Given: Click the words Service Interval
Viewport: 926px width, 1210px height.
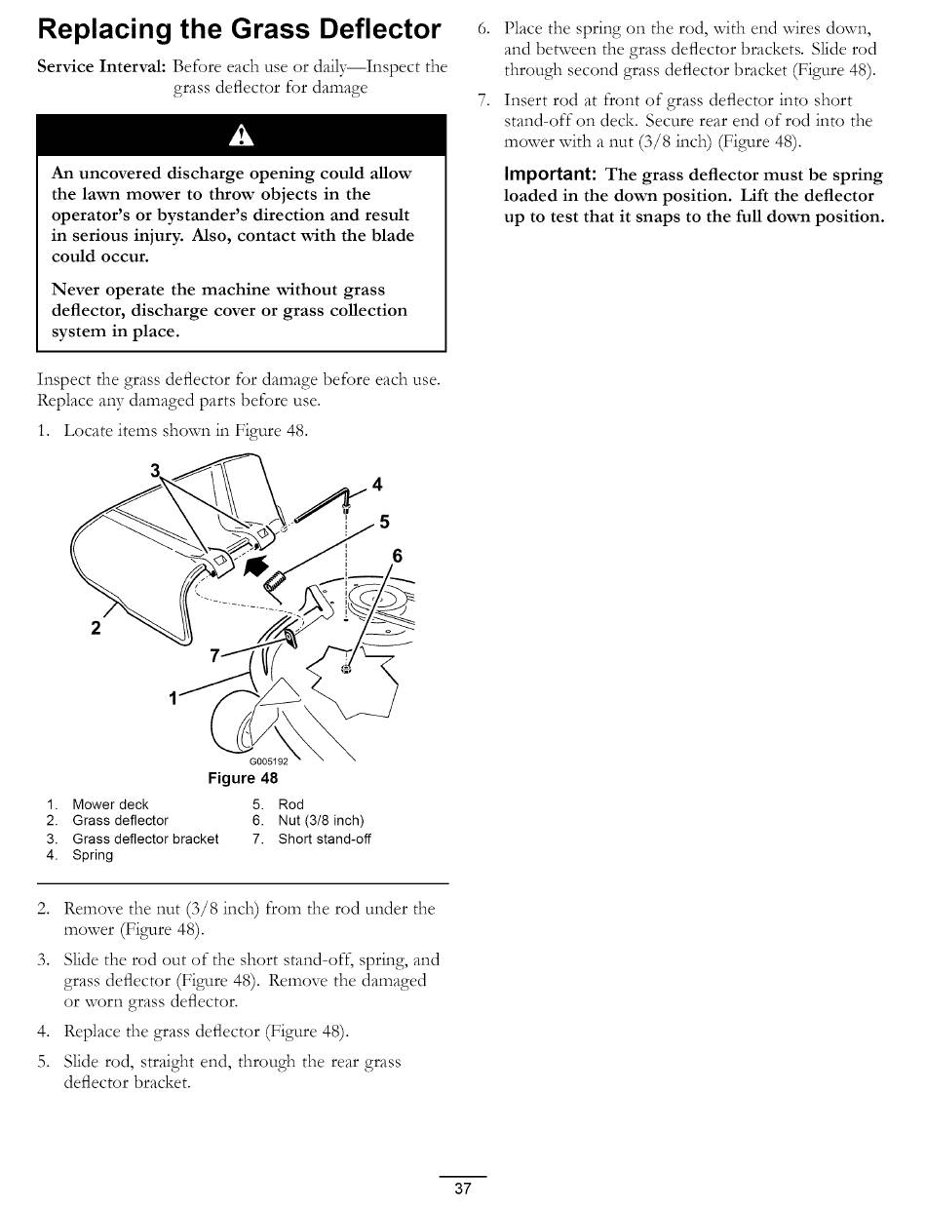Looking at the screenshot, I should click(100, 67).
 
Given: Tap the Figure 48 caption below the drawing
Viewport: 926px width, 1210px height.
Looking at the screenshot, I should click(243, 778).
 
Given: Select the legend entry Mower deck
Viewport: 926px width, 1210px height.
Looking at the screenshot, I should click(110, 804).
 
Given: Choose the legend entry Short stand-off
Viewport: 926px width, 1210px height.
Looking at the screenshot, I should click(325, 839).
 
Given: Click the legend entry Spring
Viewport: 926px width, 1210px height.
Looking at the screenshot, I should click(93, 855).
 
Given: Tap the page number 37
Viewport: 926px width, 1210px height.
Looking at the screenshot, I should click(463, 1189).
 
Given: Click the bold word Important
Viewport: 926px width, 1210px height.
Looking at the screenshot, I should click(550, 175).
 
